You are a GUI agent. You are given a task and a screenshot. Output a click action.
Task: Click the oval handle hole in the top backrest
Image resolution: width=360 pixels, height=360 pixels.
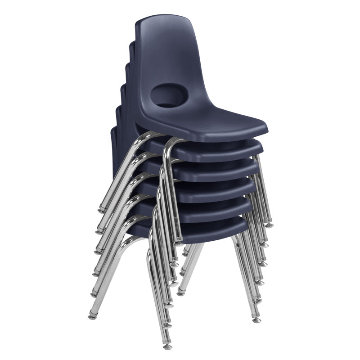point(166,95)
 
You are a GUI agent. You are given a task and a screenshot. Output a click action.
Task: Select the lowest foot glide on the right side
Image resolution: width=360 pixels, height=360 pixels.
point(256,320)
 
